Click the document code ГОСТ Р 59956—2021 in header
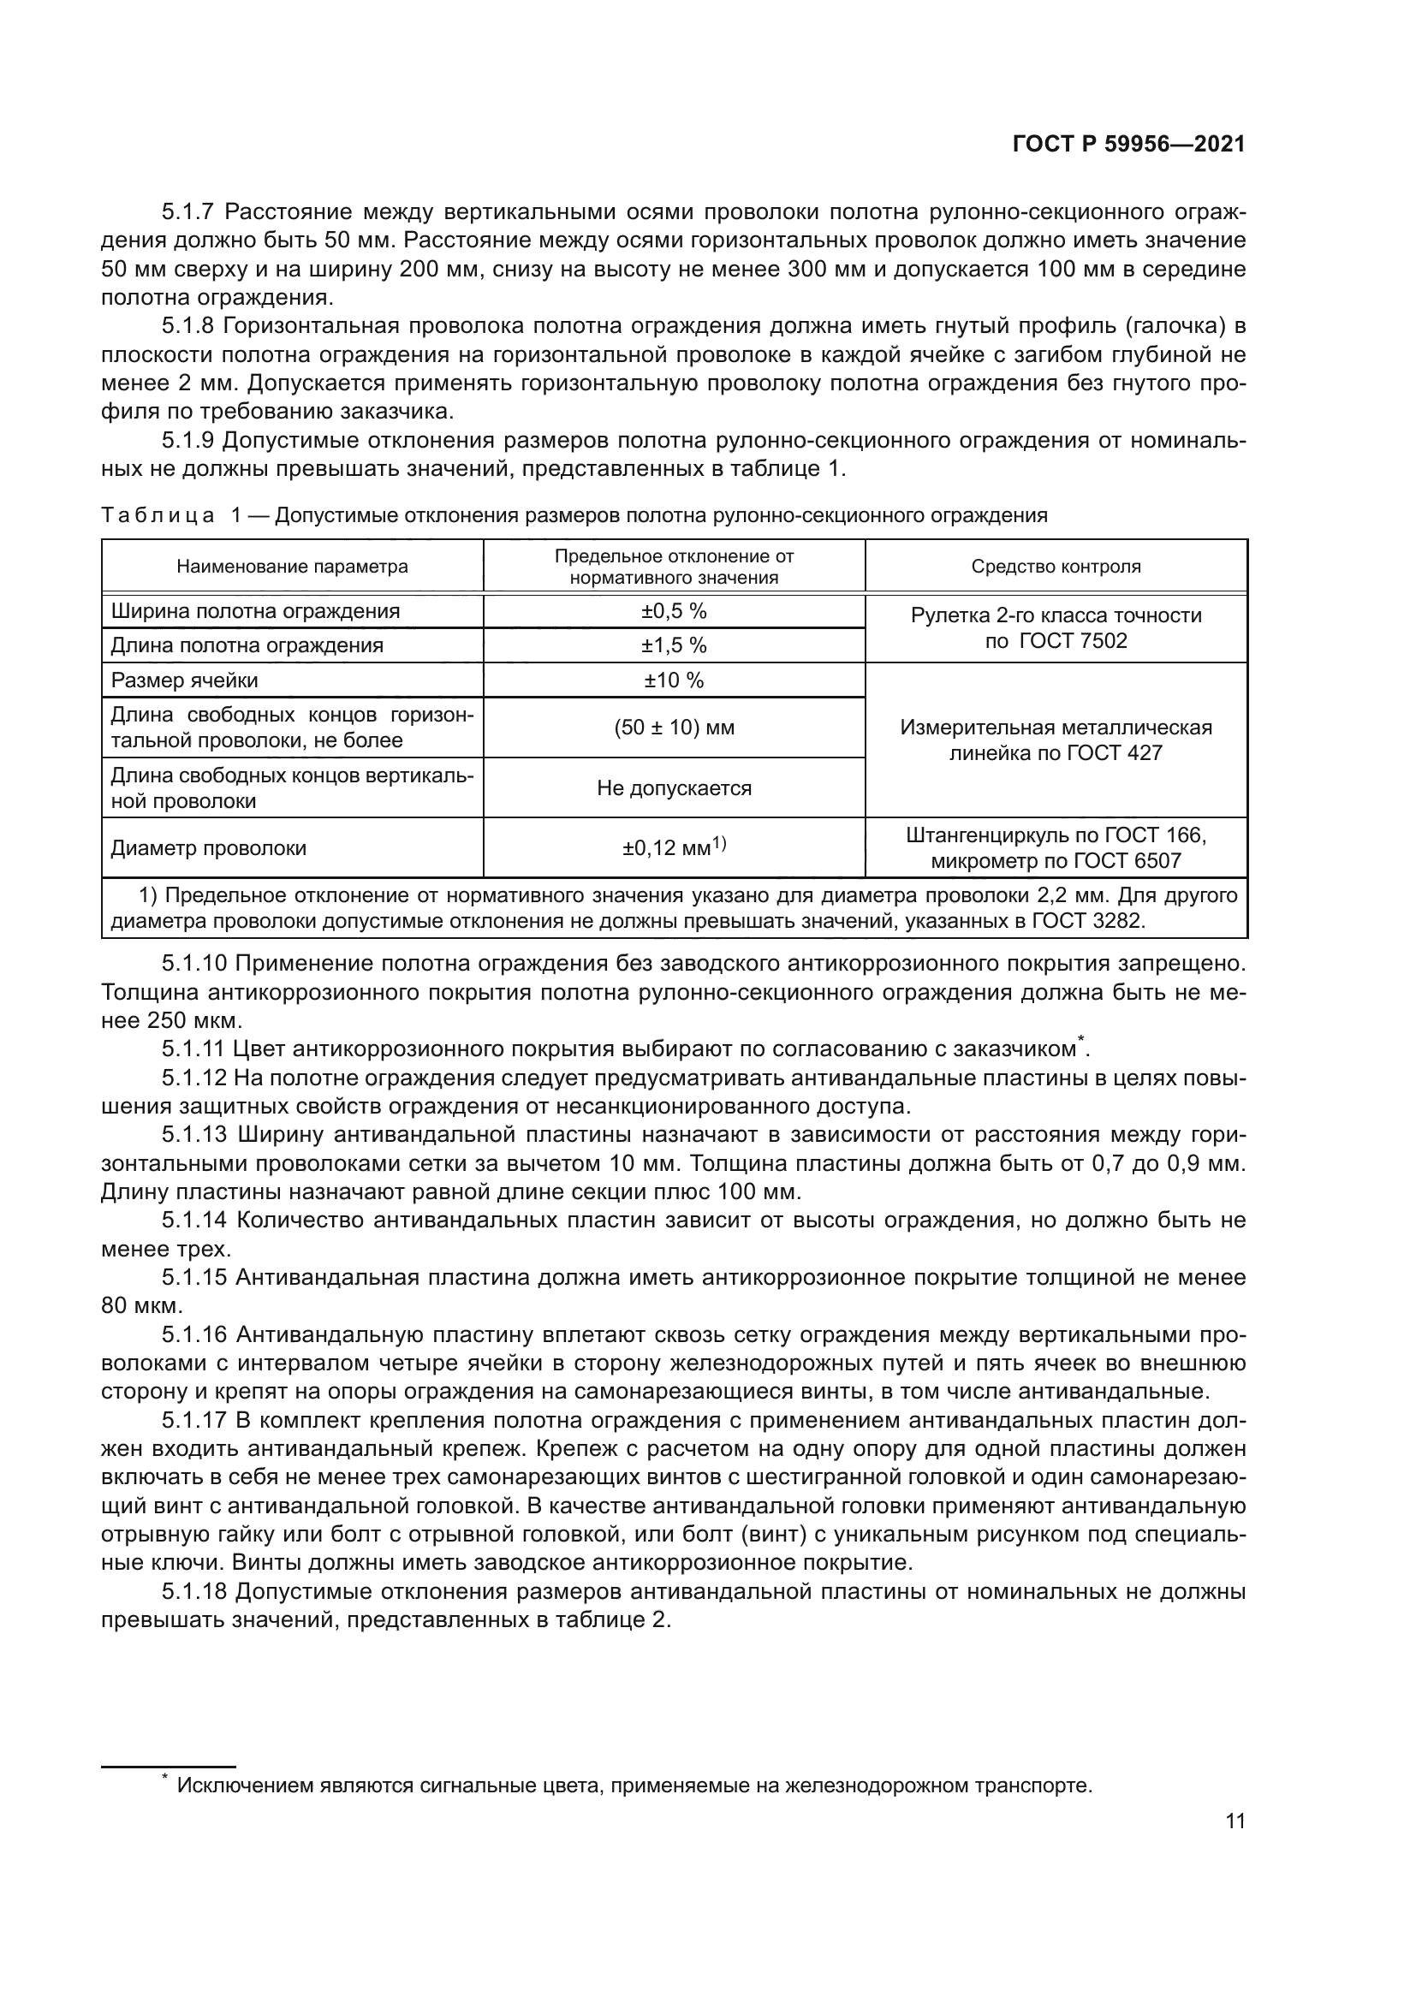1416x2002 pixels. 1128,145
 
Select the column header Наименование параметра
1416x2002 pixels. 292,567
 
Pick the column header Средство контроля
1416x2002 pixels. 1056,567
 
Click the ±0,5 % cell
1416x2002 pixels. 674,611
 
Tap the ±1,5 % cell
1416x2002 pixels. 674,645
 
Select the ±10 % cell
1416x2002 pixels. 674,680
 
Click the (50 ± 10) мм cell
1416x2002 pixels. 674,728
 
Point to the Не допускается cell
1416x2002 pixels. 674,788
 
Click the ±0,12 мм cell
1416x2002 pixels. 674,847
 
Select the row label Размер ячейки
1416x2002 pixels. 185,680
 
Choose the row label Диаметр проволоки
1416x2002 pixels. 208,848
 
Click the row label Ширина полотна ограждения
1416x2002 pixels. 254,611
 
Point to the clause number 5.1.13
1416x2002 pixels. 194,1134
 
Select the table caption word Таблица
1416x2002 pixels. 158,516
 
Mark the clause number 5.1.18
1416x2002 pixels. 194,1592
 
